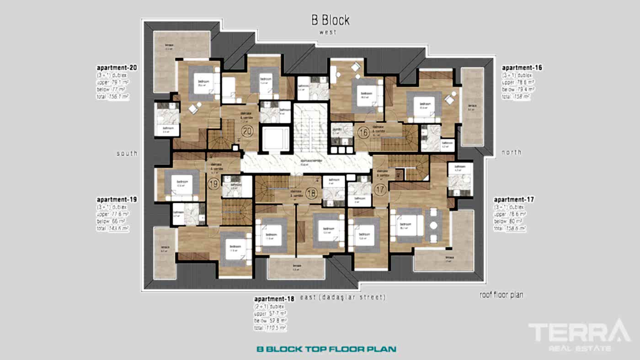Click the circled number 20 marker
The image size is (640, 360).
(x=247, y=132)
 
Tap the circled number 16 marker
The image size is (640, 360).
(x=363, y=133)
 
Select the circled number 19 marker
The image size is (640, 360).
(x=213, y=185)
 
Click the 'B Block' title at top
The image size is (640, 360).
(x=330, y=20)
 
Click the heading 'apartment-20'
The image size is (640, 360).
(x=117, y=68)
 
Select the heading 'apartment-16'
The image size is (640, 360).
(x=522, y=68)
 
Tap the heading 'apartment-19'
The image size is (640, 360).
(x=117, y=200)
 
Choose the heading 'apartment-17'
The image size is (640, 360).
(x=514, y=200)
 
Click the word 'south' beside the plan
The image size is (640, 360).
(x=127, y=154)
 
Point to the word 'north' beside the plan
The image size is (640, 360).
(x=511, y=152)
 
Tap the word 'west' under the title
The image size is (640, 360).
(x=328, y=32)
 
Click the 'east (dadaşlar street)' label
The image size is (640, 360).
(x=343, y=297)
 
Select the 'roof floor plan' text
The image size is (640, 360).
(x=501, y=295)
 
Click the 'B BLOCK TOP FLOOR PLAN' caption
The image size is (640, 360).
(x=326, y=349)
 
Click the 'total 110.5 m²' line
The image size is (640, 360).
(x=270, y=328)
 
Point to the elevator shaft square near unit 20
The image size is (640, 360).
(x=275, y=138)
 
